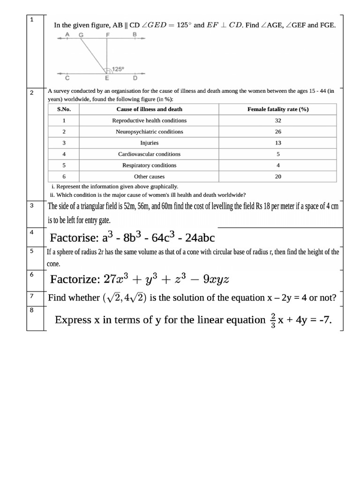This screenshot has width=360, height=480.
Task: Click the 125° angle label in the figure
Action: click(118, 69)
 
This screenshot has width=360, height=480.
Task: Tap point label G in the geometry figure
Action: click(82, 35)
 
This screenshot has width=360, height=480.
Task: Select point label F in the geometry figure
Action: click(108, 35)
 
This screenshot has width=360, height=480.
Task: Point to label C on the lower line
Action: click(67, 78)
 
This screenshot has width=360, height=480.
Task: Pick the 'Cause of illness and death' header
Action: click(150, 109)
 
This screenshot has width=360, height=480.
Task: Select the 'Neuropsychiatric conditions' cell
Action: click(150, 132)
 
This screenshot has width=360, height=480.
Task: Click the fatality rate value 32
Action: click(278, 120)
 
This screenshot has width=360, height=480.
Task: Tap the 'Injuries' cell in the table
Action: click(150, 143)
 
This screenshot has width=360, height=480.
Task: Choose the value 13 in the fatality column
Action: click(278, 143)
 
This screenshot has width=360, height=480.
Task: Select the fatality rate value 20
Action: click(278, 177)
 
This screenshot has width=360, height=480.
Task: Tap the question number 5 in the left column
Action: click(31, 251)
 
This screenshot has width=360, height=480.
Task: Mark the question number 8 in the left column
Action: click(31, 309)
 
